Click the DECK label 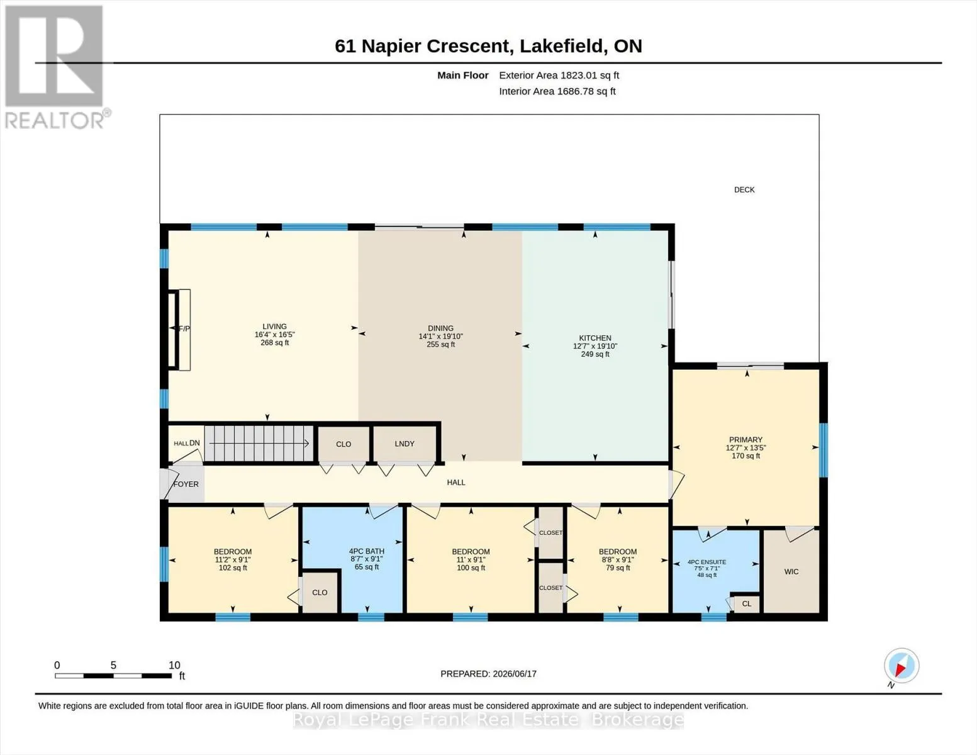point(744,190)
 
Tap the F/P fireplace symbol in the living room point(179,330)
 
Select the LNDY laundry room point(404,444)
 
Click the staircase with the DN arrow point(259,444)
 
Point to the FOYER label point(186,484)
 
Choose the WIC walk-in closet point(791,571)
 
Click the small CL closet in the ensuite point(746,604)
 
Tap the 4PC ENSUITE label point(706,562)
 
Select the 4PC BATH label point(366,551)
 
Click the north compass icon point(902,666)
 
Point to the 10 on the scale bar point(174,665)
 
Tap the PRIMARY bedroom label point(745,440)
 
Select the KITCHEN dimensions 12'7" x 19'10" point(595,346)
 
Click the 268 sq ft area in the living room point(274,343)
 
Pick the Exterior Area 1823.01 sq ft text point(559,75)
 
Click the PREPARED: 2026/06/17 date point(488,674)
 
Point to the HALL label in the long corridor point(456,483)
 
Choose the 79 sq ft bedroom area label point(617,568)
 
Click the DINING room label point(440,328)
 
